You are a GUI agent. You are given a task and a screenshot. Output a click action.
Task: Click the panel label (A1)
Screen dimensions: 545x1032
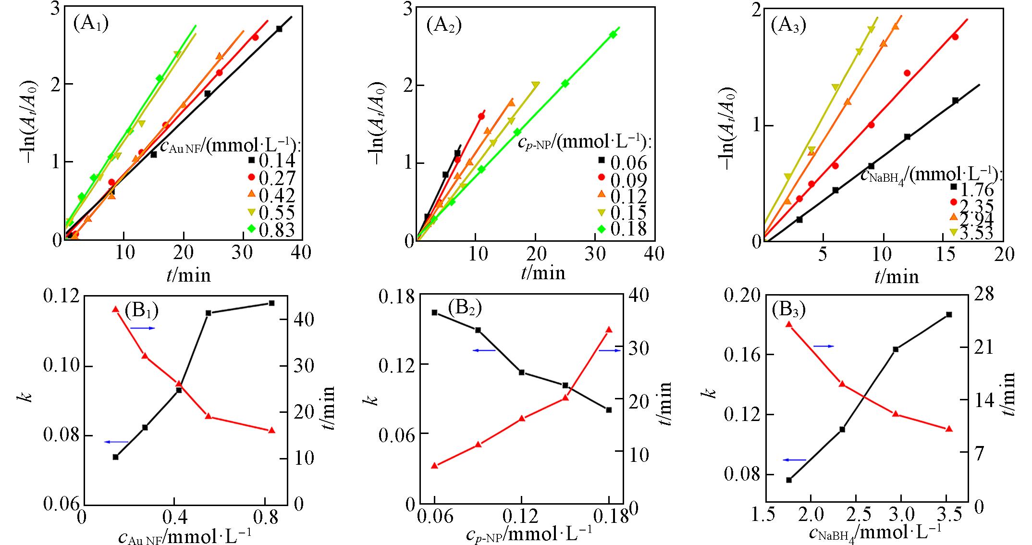coord(90,23)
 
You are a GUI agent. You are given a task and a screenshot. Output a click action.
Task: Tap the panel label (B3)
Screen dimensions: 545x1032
coord(788,310)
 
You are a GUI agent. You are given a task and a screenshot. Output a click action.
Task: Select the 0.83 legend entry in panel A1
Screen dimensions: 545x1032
coord(269,230)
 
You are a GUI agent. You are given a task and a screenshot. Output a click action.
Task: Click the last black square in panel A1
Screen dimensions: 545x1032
coord(279,29)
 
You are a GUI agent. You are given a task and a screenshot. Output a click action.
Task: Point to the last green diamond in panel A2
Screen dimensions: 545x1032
coord(613,34)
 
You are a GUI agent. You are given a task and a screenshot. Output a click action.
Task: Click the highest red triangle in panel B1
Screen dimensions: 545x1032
coord(115,309)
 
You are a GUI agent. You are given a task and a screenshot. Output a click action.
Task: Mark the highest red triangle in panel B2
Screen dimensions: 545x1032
coord(609,330)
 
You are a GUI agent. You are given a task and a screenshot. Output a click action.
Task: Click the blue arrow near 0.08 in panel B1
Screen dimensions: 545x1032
coord(116,442)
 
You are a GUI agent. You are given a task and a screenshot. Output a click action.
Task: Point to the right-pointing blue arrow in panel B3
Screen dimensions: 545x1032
coord(823,346)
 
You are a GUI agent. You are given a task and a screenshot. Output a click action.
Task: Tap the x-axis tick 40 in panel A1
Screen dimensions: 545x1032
coord(301,252)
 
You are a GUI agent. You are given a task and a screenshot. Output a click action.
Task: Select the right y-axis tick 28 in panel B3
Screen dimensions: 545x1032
coord(983,294)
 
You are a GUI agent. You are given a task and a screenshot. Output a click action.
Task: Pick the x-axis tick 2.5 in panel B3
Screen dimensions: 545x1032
coord(858,515)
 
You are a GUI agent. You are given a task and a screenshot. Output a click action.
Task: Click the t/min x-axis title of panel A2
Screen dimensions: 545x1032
coord(543,273)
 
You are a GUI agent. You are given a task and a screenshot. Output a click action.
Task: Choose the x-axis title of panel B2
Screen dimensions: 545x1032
coord(528,533)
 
